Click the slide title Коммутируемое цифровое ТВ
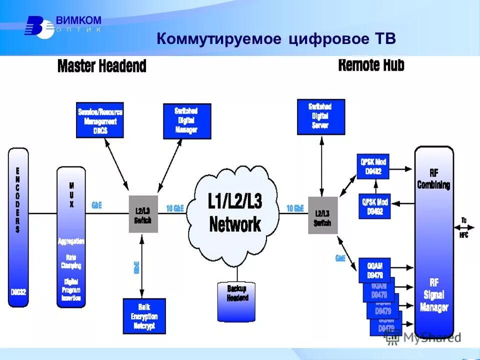click(276, 39)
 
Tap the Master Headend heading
click(101, 66)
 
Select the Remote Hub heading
click(371, 65)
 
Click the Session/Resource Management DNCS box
click(99, 120)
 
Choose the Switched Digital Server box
click(320, 117)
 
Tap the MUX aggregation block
click(71, 237)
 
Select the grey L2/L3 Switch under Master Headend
click(143, 213)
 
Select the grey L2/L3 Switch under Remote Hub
click(322, 215)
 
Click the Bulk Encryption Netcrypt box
click(143, 316)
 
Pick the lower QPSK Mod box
click(374, 205)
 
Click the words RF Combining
click(433, 179)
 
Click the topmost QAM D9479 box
click(374, 268)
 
